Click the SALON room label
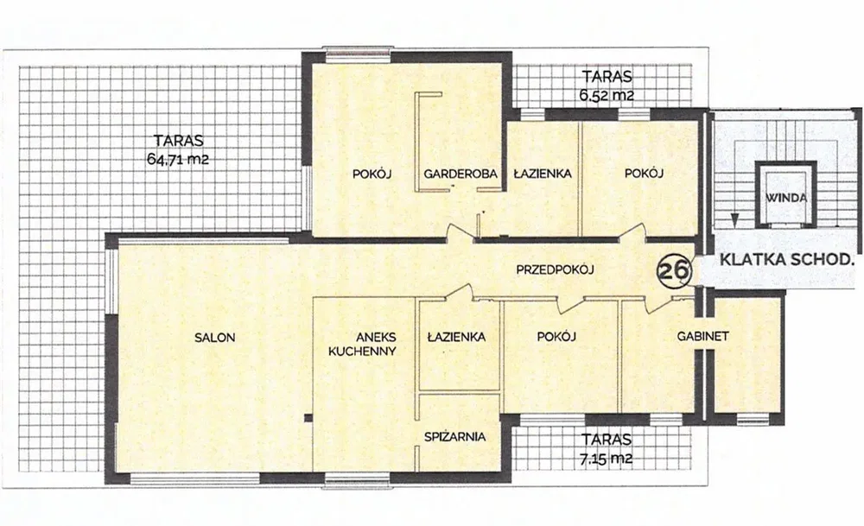[x=215, y=338]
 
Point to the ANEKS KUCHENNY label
[x=362, y=345]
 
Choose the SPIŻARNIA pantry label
[x=455, y=437]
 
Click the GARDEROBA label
[x=461, y=174]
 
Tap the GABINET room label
[x=703, y=336]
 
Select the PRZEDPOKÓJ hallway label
[x=555, y=269]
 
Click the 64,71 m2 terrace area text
[x=178, y=160]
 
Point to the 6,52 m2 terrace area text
[x=607, y=95]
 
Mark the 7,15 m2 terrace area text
[x=607, y=459]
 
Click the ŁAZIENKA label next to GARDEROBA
[x=543, y=174]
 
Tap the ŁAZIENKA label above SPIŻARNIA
[x=457, y=337]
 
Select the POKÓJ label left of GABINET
[x=556, y=337]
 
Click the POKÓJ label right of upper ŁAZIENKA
[x=644, y=173]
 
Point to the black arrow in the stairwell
[x=734, y=219]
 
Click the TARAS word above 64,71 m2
[x=179, y=140]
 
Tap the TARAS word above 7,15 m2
[x=607, y=440]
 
